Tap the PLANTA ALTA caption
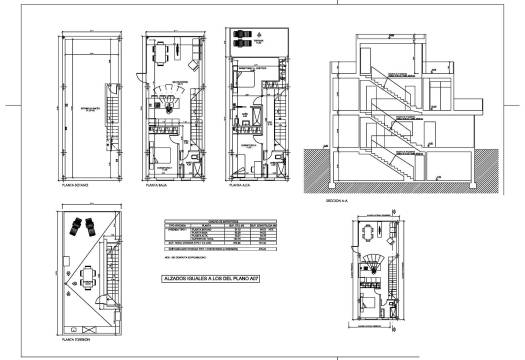(x=239, y=186)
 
